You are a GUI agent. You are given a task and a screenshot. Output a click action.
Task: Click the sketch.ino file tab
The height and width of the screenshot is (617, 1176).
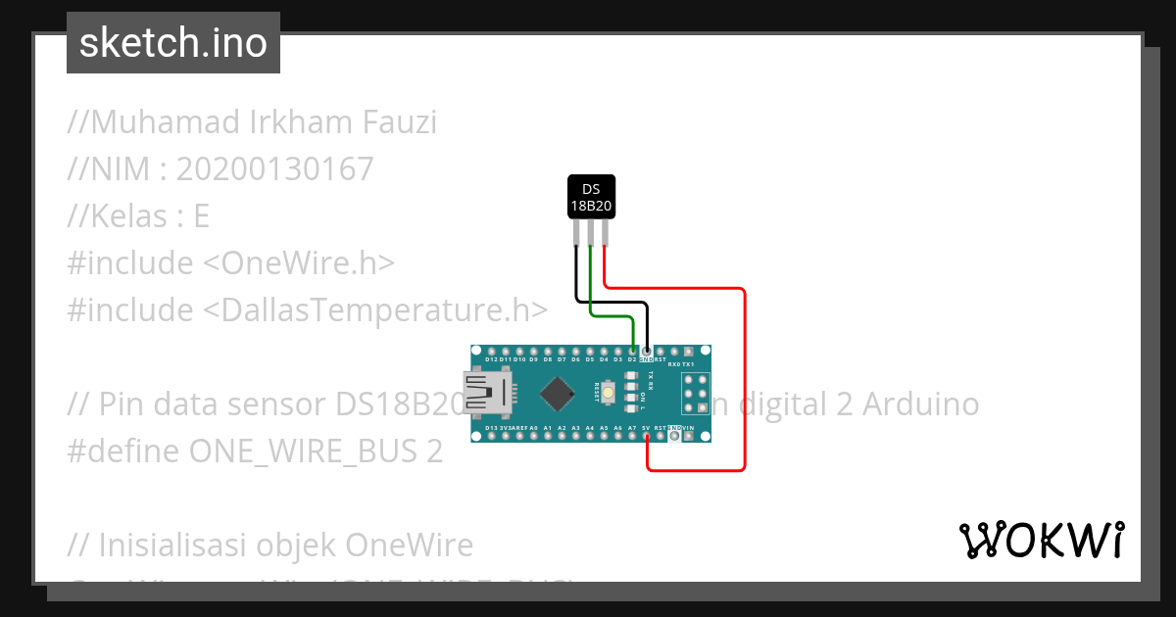173,43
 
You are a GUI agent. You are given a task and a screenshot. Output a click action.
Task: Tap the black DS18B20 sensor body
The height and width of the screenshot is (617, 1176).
591,197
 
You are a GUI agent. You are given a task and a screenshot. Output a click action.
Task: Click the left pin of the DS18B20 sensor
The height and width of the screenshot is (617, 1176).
575,232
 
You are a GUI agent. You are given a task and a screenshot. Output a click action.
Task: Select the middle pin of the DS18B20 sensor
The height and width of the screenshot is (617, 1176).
590,232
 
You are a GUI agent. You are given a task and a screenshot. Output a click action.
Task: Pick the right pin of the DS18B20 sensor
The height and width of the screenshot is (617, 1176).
605,232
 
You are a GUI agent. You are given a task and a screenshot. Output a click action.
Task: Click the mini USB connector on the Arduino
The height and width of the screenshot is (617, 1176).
486,393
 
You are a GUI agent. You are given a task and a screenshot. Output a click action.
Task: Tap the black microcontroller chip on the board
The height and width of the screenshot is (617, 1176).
557,393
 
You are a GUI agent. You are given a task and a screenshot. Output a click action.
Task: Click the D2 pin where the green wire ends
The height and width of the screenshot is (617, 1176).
632,351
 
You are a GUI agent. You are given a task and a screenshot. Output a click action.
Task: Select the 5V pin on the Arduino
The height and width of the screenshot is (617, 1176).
647,437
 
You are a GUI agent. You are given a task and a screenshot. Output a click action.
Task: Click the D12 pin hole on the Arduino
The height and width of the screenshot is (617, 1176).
491,351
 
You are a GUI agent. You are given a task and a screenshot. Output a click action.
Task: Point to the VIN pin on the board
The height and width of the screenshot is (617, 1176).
689,437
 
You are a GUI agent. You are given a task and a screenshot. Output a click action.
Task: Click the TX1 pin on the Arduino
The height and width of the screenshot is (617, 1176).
689,351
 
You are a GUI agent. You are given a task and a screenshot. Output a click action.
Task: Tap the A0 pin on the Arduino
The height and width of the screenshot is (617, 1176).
533,437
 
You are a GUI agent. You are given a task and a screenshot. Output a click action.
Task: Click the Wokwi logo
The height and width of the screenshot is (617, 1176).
1041,540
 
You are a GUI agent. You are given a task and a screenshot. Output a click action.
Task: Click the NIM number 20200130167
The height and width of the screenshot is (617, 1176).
275,169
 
